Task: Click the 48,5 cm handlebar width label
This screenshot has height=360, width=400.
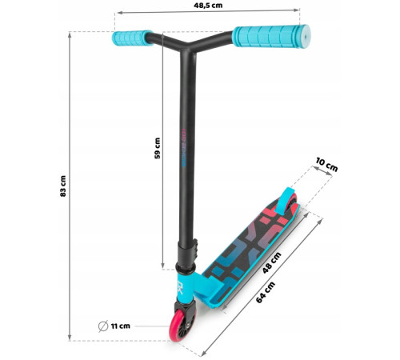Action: (208, 6)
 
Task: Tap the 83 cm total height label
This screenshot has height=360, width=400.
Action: (63, 186)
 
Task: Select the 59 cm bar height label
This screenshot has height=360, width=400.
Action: (158, 148)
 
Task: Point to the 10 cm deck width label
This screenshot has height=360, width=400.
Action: (326, 165)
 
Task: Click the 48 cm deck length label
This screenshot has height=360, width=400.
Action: (271, 262)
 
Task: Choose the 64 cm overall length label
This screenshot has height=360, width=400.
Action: (266, 293)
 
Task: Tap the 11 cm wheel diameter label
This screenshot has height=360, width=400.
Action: (121, 326)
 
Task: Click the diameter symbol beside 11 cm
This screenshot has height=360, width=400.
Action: (103, 326)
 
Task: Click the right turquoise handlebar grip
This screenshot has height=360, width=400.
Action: (270, 37)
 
